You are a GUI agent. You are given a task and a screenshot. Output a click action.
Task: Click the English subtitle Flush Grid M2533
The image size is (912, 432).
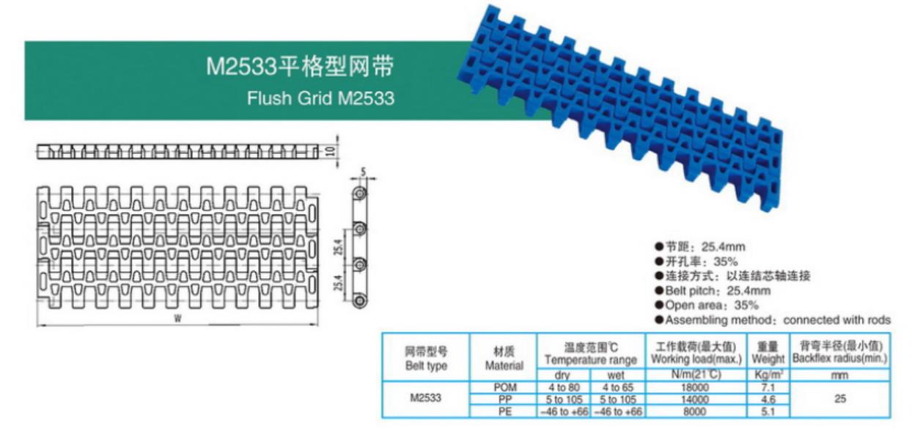pyautogui.click(x=320, y=98)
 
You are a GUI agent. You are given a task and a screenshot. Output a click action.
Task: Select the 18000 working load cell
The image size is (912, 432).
pyautogui.click(x=694, y=387)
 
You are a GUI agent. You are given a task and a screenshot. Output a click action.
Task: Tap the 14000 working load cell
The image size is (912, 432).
pyautogui.click(x=694, y=400)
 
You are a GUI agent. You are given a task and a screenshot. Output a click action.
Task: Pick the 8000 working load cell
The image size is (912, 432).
pyautogui.click(x=694, y=411)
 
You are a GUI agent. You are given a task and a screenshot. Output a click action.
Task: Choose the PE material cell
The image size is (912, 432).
pyautogui.click(x=505, y=411)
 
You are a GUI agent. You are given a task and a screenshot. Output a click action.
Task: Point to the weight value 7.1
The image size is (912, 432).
pyautogui.click(x=768, y=387)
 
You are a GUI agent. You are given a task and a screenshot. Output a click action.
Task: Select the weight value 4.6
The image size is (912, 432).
pyautogui.click(x=768, y=400)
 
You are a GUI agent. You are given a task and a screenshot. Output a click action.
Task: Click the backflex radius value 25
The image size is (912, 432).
pyautogui.click(x=839, y=400)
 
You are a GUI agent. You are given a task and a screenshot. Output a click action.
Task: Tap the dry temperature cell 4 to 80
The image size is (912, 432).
pyautogui.click(x=563, y=387)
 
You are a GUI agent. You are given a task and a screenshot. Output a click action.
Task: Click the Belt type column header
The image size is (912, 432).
pyautogui.click(x=426, y=358)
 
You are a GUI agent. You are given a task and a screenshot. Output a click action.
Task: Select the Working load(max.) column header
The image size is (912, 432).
pyautogui.click(x=694, y=354)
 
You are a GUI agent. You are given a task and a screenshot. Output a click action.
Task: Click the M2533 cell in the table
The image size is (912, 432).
pyautogui.click(x=426, y=400)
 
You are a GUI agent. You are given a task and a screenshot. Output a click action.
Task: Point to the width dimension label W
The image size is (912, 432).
pyautogui.click(x=177, y=318)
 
